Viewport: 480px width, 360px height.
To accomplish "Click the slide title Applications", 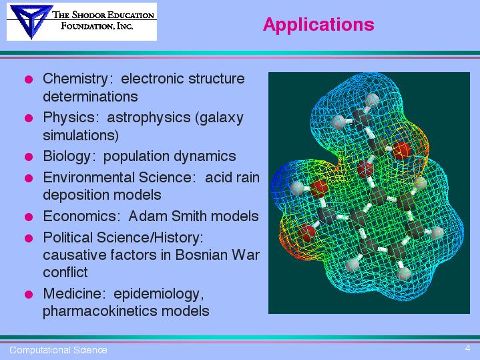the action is [x=318, y=25].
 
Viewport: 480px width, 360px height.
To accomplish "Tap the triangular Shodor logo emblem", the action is [x=30, y=21].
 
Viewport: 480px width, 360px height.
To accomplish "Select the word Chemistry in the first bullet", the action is [x=75, y=79].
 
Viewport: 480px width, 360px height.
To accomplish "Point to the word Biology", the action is [x=67, y=156].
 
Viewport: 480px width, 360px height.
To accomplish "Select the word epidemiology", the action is [x=158, y=294].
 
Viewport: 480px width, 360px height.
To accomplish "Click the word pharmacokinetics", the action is [x=99, y=312].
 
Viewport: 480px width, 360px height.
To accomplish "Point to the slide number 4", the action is [x=467, y=349].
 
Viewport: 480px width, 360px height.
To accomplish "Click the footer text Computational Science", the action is [x=58, y=350].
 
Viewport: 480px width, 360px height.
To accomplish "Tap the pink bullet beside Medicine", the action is [x=29, y=295].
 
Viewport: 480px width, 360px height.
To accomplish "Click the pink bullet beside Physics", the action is [x=29, y=118].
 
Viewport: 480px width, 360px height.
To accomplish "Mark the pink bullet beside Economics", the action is [x=29, y=217].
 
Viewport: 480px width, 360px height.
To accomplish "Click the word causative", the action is [x=75, y=255].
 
